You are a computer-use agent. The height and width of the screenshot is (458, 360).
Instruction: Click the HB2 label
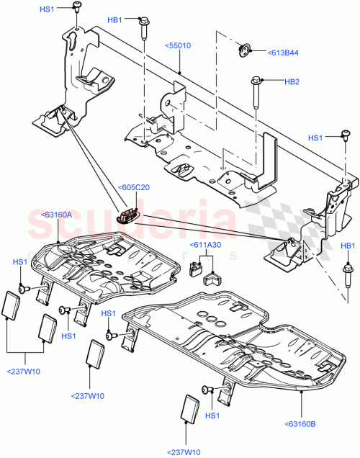point(292,82)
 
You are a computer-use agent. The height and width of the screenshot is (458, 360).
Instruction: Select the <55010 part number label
point(178,45)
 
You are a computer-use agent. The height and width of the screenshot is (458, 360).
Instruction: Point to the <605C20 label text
point(134,189)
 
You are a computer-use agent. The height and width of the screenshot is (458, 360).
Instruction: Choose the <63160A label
point(58,214)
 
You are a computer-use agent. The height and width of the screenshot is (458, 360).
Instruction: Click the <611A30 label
point(206,246)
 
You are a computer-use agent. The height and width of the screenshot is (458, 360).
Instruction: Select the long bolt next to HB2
point(256,89)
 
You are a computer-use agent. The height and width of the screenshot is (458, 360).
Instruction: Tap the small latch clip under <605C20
point(130,215)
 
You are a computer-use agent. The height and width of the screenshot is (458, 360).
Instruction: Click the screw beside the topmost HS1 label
point(76,9)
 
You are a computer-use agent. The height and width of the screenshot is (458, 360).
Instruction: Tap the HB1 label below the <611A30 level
point(348,247)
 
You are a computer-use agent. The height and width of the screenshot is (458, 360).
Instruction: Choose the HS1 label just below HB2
point(316,138)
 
